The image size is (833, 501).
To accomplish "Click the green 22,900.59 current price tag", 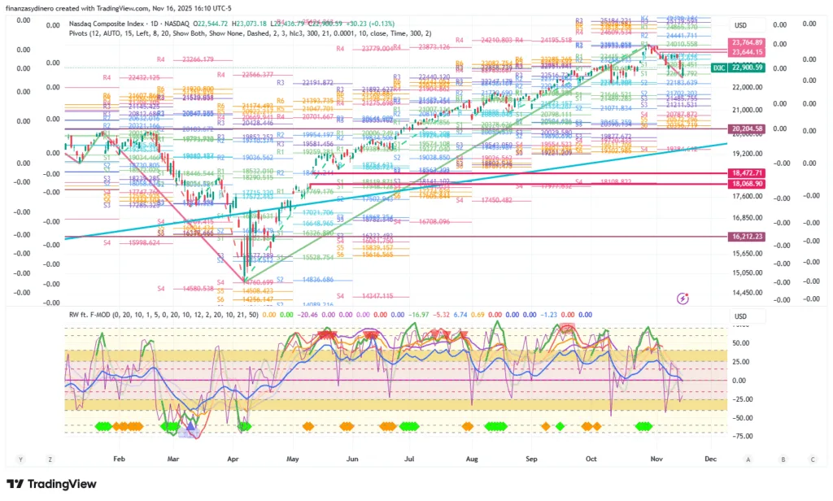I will pyautogui.click(x=747, y=68).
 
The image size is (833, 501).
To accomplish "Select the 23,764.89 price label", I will pyautogui.click(x=747, y=42).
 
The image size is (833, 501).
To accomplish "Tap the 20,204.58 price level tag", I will pyautogui.click(x=747, y=129).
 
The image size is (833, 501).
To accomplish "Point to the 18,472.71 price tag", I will pyautogui.click(x=747, y=173).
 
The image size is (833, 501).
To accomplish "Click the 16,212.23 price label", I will pyautogui.click(x=747, y=237).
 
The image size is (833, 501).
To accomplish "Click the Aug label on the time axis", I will pyautogui.click(x=473, y=460).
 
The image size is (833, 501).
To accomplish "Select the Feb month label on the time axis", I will pyautogui.click(x=119, y=460).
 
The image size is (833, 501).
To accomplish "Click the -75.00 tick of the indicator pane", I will pyautogui.click(x=740, y=436).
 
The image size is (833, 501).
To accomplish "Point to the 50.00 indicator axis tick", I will pyautogui.click(x=740, y=343).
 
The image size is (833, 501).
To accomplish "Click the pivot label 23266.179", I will pyautogui.click(x=197, y=59).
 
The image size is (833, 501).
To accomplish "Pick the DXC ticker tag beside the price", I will pyautogui.click(x=719, y=68).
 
